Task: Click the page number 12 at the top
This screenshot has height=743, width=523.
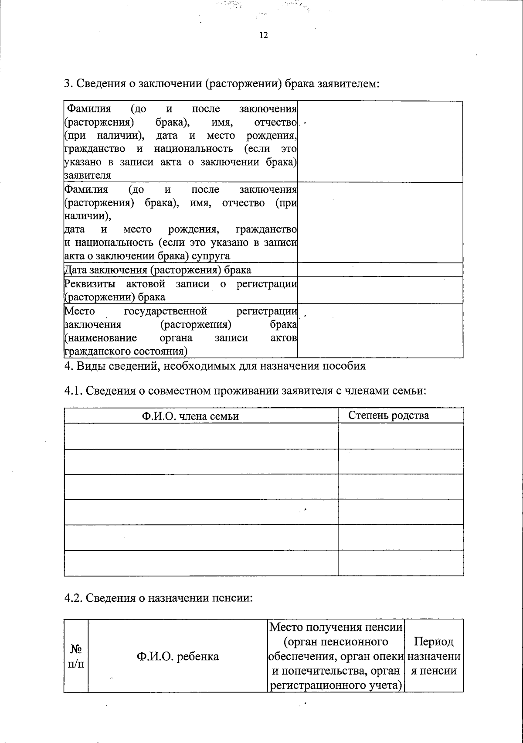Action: point(263,35)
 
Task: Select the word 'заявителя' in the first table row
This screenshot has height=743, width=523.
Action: point(87,176)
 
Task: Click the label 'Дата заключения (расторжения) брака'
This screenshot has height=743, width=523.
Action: point(158,270)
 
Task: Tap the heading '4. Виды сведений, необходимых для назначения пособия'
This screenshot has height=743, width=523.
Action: point(214,366)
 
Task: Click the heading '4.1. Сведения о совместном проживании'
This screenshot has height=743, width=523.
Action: point(245,391)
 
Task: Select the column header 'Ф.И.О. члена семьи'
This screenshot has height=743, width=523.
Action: point(190,416)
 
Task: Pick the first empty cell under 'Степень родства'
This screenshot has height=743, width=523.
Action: point(401,436)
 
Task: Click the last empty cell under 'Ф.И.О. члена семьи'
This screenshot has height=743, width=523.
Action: point(201,563)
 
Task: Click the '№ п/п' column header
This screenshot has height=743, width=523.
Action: point(76,656)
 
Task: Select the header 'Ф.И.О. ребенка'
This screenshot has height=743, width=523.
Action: point(178,656)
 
